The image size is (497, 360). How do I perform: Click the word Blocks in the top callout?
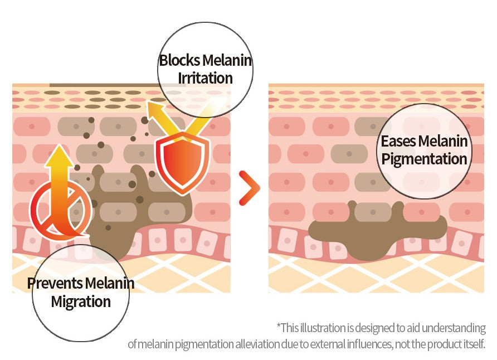(180, 60)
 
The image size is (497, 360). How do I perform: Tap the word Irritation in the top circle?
(205, 78)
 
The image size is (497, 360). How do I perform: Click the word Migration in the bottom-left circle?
(81, 302)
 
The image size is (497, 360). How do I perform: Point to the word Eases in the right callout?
(398, 141)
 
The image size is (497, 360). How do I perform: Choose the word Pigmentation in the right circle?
(424, 159)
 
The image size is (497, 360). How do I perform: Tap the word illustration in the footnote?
(324, 328)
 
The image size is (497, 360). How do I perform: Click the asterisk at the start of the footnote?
(279, 327)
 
